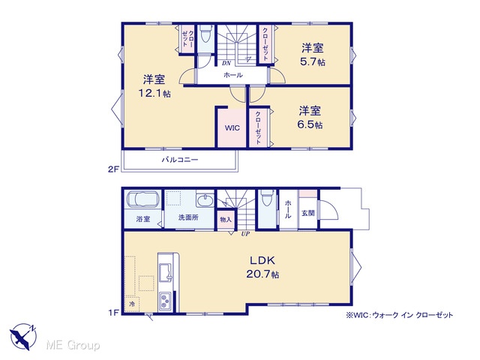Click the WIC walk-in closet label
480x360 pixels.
[232, 128]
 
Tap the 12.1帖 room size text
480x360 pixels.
[154, 93]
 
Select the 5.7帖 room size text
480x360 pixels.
[312, 61]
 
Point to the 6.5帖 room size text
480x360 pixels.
[310, 124]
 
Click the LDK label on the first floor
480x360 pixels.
[262, 260]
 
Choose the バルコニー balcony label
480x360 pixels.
[180, 160]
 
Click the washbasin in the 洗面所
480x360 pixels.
[205, 201]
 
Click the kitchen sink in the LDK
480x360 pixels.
[166, 272]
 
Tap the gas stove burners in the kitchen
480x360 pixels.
[165, 301]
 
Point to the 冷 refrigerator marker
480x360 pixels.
[132, 304]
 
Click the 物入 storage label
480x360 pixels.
[226, 220]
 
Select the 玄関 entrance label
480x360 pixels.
[308, 213]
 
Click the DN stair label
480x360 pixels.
[226, 63]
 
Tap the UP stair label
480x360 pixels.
[245, 234]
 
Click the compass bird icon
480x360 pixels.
[23, 336]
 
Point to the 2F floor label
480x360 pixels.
[113, 169]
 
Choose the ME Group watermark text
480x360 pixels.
[73, 345]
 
